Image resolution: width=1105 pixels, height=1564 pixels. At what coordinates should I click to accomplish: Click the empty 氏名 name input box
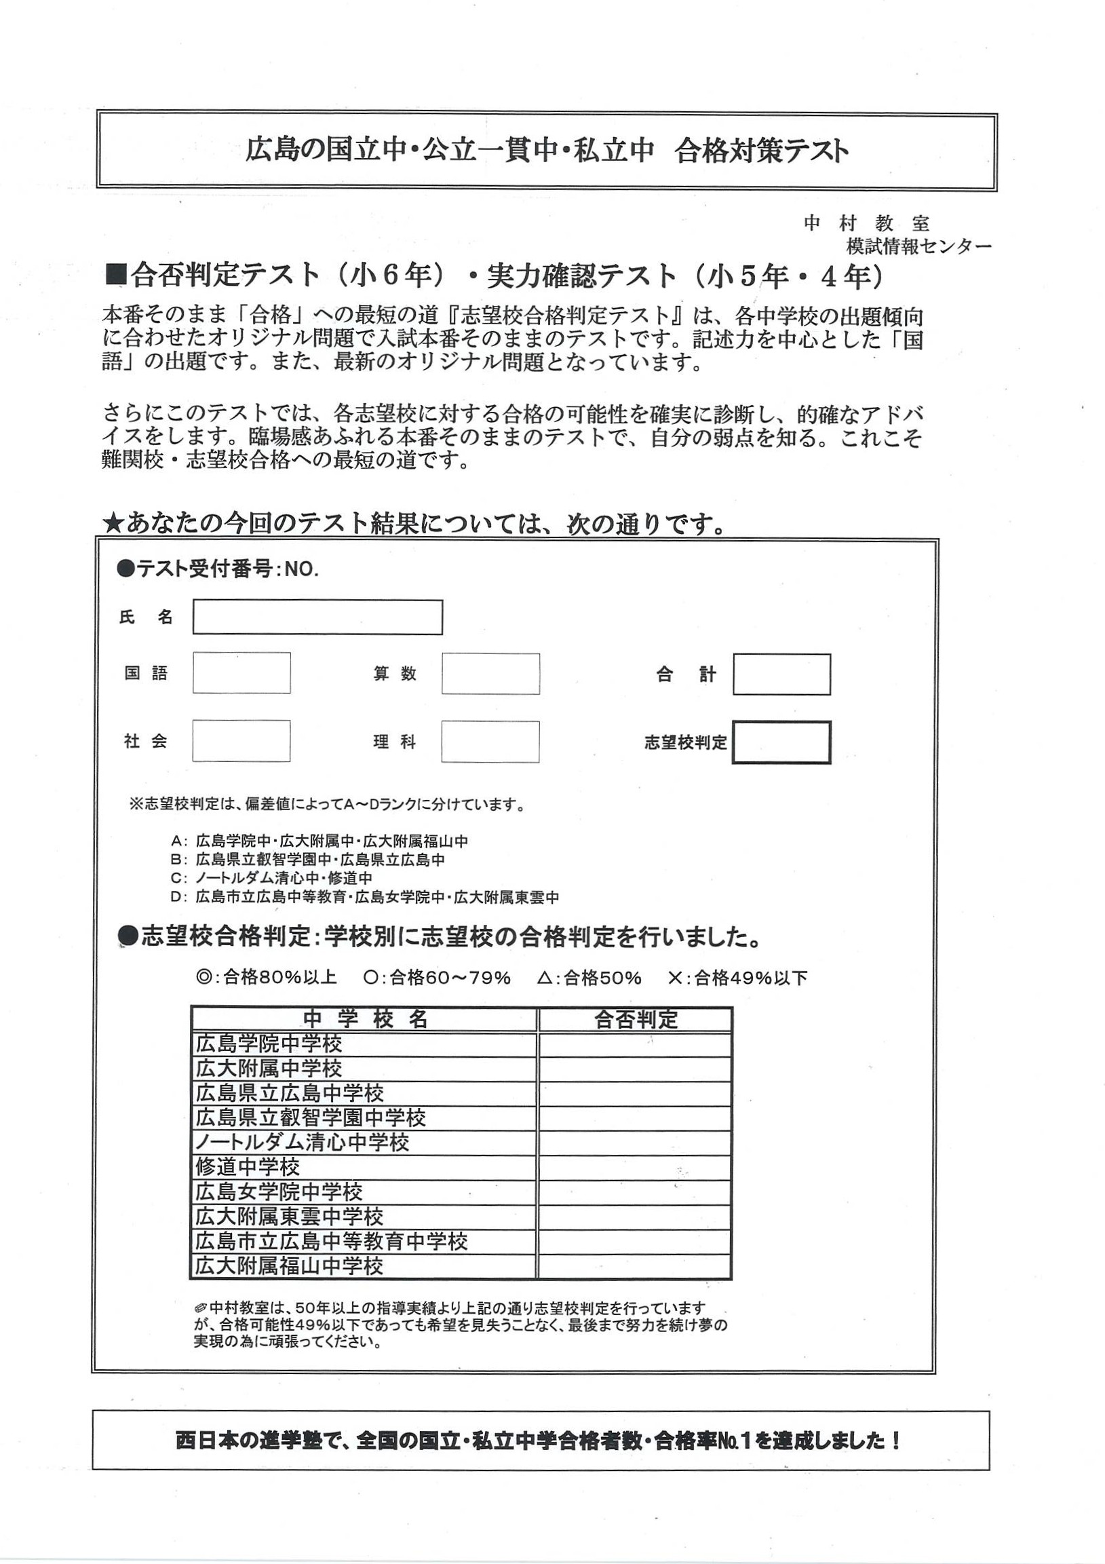click(x=317, y=617)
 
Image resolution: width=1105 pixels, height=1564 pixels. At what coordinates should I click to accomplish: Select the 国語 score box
click(x=241, y=673)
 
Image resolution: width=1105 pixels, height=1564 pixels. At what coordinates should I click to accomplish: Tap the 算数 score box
click(x=490, y=674)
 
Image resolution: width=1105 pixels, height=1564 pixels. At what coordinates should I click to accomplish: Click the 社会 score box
click(x=241, y=741)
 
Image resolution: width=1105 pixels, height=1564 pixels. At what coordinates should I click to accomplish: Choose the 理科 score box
click(x=490, y=742)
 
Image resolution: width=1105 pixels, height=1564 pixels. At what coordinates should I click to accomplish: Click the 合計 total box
click(x=781, y=674)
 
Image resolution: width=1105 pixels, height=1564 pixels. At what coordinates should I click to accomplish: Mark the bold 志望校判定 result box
click(x=781, y=742)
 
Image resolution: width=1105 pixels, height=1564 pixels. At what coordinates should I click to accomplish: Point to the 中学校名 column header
click(x=365, y=1019)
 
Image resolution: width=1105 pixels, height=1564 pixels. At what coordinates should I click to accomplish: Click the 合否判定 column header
click(x=635, y=1019)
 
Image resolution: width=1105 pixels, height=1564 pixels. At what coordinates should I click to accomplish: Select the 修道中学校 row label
click(x=248, y=1168)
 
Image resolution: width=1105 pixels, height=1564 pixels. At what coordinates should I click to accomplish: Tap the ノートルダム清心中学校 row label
click(x=303, y=1143)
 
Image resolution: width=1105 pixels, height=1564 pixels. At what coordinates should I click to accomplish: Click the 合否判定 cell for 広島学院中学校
click(x=634, y=1044)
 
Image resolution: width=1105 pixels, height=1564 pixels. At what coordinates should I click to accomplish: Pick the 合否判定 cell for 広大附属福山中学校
click(x=634, y=1266)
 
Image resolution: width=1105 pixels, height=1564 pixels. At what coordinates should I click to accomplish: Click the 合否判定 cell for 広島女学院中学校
click(x=634, y=1192)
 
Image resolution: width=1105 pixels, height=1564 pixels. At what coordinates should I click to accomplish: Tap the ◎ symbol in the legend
click(x=203, y=978)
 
